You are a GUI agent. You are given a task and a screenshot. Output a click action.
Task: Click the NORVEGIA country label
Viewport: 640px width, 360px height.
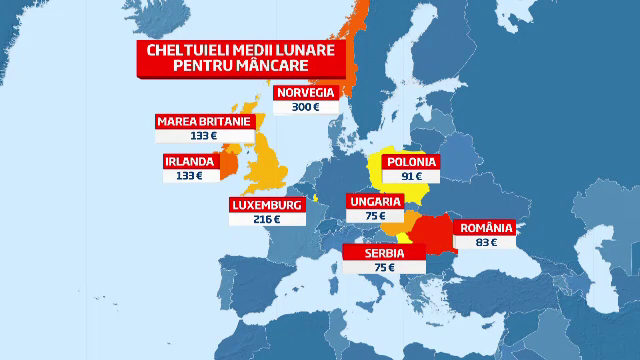306,93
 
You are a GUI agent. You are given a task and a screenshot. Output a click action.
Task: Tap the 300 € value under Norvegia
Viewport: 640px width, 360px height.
306,108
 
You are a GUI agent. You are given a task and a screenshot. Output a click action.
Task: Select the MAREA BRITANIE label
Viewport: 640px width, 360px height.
202,122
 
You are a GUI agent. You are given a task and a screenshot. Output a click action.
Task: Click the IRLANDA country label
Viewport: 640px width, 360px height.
189,160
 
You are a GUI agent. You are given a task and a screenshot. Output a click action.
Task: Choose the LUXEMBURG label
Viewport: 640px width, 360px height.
267,204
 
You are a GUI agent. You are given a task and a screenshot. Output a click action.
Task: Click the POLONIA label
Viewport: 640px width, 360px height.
412,160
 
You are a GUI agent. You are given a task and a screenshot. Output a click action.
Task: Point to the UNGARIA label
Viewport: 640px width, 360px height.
375,201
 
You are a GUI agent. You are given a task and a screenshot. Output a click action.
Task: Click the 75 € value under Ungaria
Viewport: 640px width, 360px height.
375,216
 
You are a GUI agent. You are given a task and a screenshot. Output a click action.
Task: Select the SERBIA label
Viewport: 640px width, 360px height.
370,254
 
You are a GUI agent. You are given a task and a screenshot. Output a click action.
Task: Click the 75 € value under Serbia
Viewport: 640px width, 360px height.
370,269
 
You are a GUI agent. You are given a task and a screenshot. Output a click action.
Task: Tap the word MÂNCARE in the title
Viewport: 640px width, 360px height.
270,67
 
